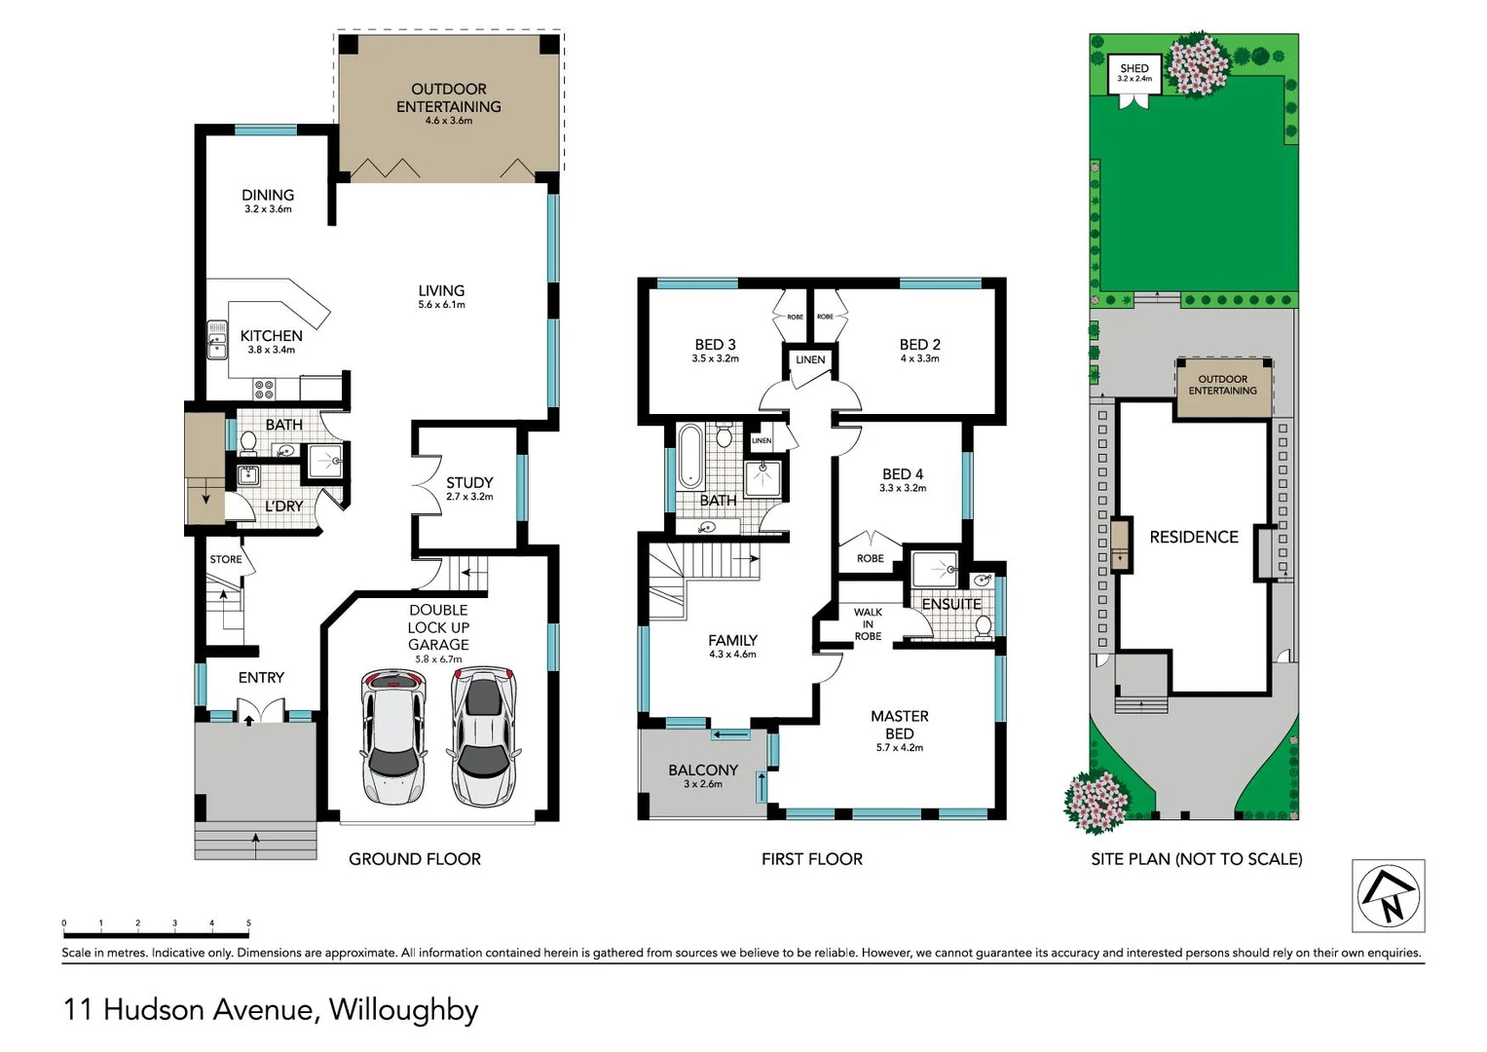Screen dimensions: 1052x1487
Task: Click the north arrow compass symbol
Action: [1388, 896]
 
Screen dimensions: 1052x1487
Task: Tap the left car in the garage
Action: [392, 735]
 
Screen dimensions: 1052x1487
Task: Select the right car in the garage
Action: [482, 735]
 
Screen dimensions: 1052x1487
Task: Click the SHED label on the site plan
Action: [1134, 69]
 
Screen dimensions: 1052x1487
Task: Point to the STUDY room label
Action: [469, 482]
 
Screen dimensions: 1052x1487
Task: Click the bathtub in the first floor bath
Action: [689, 455]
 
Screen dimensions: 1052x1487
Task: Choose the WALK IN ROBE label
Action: [868, 624]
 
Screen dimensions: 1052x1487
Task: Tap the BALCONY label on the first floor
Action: [702, 770]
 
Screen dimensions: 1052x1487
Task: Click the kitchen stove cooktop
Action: [264, 390]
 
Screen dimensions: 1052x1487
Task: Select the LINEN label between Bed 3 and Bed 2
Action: [810, 359]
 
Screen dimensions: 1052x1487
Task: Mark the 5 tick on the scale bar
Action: [248, 923]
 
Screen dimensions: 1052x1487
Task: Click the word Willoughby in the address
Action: [403, 1010]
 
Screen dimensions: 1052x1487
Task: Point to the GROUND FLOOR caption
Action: [415, 859]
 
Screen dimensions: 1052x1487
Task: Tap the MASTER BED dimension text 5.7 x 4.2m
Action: [899, 748]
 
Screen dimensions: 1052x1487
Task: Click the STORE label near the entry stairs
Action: [226, 559]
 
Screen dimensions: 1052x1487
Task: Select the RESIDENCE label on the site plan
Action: [1194, 537]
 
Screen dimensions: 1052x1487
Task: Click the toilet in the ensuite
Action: [984, 624]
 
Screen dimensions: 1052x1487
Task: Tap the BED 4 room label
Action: [903, 474]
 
